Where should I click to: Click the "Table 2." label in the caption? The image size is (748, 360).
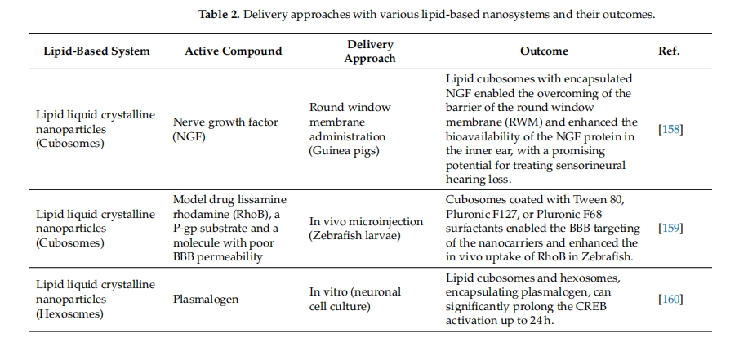pos(219,15)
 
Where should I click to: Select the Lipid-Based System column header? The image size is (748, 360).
pos(97,51)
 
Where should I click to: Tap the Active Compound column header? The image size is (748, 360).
pos(234,51)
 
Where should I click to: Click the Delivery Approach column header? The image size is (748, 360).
pos(370,51)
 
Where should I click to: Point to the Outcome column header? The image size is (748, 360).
pos(545,51)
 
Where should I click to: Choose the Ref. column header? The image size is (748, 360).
pos(669,51)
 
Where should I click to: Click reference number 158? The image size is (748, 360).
pos(670,129)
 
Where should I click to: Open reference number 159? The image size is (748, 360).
pos(670,228)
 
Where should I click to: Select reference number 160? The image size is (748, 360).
pos(670,299)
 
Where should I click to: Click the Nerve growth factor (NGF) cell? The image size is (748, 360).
pos(225,129)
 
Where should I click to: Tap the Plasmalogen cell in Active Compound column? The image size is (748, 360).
pos(206,300)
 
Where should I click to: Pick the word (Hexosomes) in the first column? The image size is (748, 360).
pos(69,313)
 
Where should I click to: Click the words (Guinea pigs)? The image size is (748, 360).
pos(345,151)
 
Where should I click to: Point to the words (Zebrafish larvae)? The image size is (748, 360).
pos(354,236)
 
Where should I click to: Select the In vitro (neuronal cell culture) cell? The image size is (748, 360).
pos(355,299)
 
